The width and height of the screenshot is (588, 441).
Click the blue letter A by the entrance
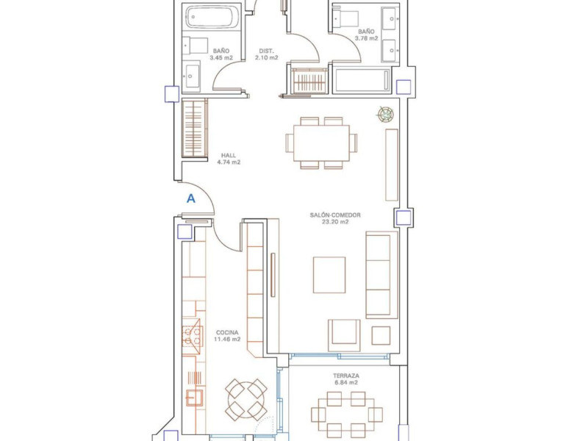coord(191,198)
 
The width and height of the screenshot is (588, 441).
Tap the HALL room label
coord(229,155)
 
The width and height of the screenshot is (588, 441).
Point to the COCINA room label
coord(227,333)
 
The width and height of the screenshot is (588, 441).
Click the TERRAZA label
coord(346,376)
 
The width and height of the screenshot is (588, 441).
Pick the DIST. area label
coord(267,51)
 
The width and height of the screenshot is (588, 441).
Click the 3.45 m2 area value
coord(221,58)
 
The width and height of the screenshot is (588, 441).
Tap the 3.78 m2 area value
coord(366,38)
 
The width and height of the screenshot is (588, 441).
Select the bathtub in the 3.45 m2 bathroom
coord(212,17)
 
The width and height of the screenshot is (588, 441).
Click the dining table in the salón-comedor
coord(321,143)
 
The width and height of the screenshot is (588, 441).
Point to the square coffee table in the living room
coord(329,275)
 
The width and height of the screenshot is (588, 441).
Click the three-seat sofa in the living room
coord(381,275)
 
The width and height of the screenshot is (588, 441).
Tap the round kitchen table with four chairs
coord(246,399)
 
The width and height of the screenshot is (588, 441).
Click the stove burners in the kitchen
coord(192,336)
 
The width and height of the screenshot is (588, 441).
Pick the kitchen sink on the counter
coord(195,398)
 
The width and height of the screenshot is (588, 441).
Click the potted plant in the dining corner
coord(386,114)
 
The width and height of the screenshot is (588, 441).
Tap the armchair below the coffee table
coord(344,331)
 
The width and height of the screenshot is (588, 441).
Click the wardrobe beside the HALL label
coord(195,128)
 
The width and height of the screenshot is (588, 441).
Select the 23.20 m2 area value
coord(335,222)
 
